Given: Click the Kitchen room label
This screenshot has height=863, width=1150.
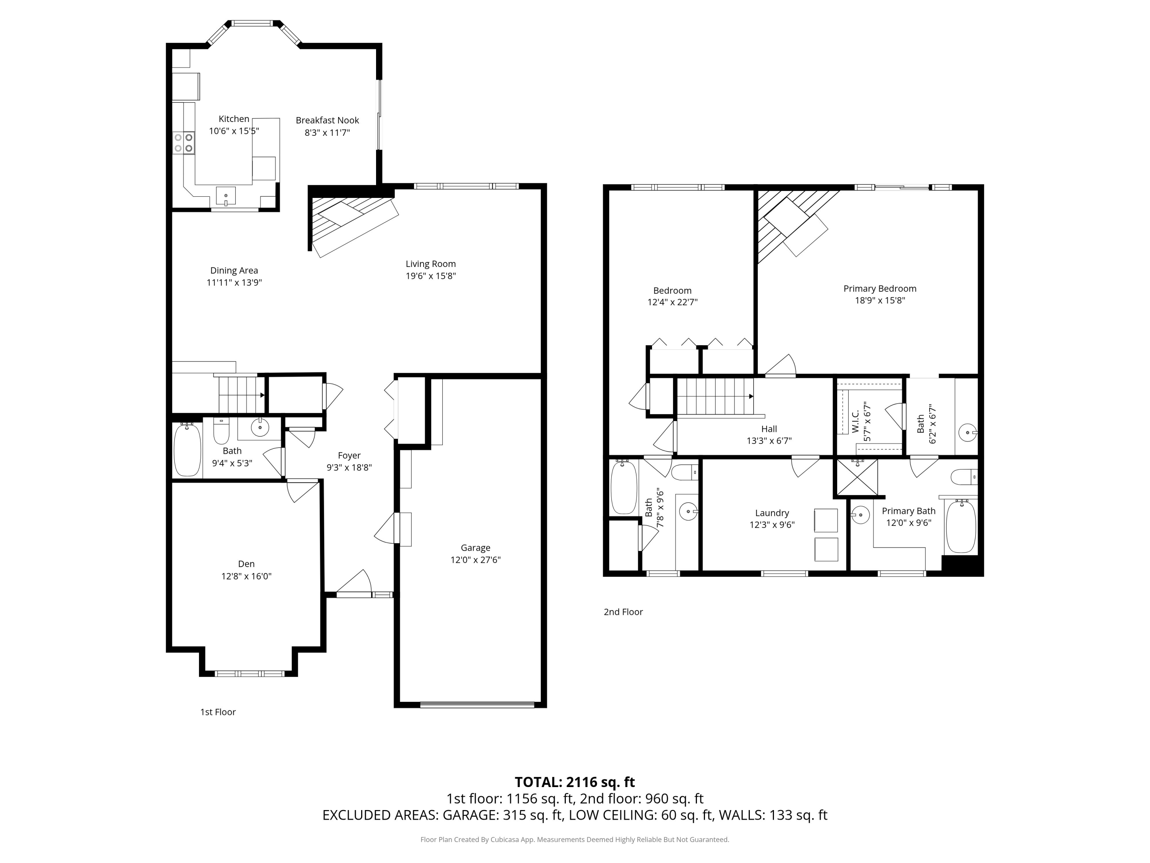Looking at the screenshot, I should (233, 119).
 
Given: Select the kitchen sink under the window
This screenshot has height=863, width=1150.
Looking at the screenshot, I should (226, 196).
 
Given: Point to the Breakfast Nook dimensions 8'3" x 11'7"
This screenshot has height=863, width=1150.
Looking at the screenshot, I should (327, 133).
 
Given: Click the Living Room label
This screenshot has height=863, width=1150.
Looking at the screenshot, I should (430, 264).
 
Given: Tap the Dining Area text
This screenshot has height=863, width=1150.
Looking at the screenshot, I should (234, 270).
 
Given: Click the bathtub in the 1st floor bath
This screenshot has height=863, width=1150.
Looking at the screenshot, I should (187, 450).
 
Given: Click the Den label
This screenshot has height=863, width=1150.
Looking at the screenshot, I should (246, 564).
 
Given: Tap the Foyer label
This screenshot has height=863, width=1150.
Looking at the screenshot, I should (349, 456).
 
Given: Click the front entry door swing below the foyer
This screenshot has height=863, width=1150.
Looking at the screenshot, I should (356, 583).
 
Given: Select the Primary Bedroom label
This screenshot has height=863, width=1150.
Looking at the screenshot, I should (880, 289).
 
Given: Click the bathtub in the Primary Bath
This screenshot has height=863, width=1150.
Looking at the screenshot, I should (960, 527).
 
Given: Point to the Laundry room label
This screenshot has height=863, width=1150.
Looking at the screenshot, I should (772, 514).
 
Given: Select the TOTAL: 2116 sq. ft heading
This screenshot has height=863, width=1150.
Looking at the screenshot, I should (575, 782).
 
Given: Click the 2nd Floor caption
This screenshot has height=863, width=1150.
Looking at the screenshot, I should (623, 612).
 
